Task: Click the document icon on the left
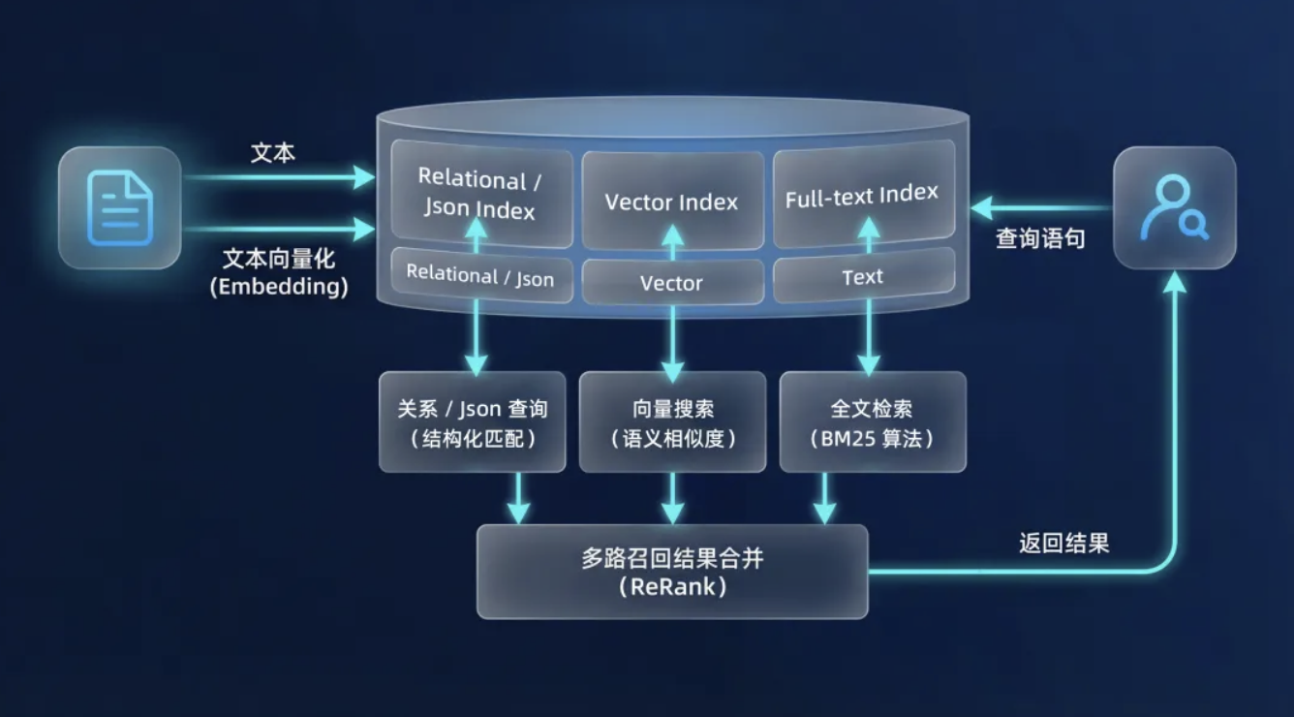(120, 207)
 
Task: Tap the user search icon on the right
(1174, 207)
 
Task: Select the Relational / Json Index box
(480, 194)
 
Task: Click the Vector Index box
(671, 202)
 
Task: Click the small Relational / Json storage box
(480, 276)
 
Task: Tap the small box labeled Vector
(671, 283)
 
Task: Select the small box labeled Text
(862, 277)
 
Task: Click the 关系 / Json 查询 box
(472, 422)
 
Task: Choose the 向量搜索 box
(672, 422)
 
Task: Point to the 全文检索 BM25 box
(872, 422)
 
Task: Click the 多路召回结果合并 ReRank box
(671, 572)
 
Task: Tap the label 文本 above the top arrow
(273, 153)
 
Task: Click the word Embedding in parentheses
(279, 288)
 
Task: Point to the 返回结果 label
(1063, 543)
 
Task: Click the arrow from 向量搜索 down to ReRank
(672, 500)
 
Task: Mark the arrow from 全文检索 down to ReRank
(824, 500)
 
